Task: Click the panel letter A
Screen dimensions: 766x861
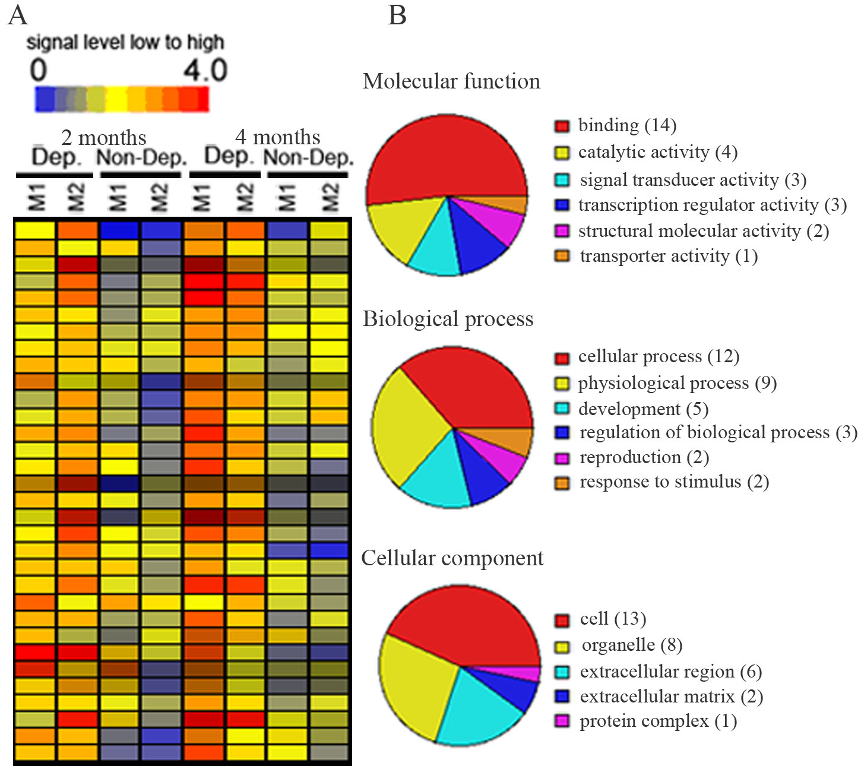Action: tap(17, 15)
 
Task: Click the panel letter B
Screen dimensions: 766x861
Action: tap(397, 15)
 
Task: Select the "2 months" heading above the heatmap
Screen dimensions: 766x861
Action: tap(103, 138)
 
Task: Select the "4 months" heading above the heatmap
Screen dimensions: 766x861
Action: tap(277, 137)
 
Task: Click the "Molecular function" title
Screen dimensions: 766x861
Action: tap(451, 81)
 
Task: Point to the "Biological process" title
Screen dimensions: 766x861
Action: tap(448, 319)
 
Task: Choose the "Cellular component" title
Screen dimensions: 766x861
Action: tap(452, 558)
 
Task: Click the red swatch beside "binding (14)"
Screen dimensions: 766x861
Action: tap(562, 126)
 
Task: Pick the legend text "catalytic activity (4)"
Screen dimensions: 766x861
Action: tap(657, 152)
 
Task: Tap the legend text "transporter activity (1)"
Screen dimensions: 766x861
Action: tap(669, 256)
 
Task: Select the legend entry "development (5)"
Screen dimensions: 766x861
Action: tap(643, 409)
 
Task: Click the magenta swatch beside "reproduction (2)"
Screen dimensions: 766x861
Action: tap(562, 458)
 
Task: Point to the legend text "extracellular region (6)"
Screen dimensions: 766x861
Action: tap(670, 672)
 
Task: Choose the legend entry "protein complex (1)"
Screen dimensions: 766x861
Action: tap(658, 721)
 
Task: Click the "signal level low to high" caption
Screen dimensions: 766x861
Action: tap(125, 43)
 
